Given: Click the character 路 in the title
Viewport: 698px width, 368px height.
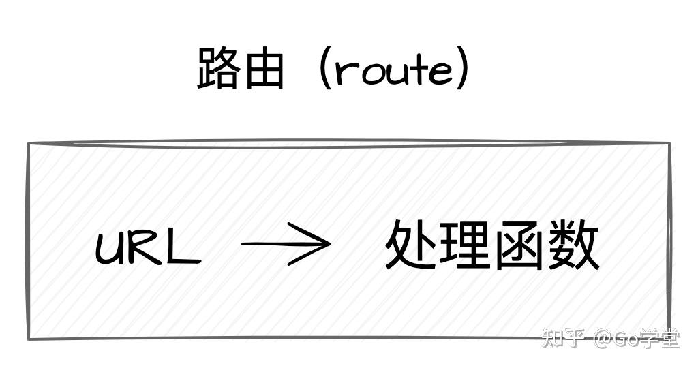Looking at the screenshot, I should [x=217, y=68].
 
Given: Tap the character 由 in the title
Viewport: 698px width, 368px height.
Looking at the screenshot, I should [x=263, y=68].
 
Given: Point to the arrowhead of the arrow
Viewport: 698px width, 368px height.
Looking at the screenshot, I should [x=320, y=244].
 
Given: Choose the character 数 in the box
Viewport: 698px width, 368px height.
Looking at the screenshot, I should [x=574, y=245].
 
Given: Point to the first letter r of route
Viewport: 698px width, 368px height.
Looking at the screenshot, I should [x=345, y=74].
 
